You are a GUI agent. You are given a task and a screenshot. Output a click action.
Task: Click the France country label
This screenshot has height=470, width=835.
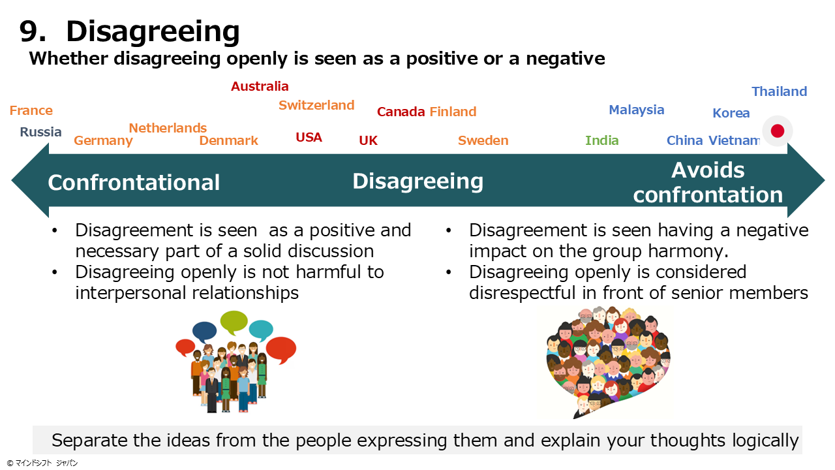[31, 110]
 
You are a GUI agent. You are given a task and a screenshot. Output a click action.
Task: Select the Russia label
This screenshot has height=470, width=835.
[40, 132]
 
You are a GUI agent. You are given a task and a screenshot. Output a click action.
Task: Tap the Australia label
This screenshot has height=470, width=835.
[260, 86]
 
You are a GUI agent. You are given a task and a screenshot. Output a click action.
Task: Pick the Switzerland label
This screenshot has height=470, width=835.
[316, 105]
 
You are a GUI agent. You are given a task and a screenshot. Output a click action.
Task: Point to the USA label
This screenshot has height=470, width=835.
[309, 137]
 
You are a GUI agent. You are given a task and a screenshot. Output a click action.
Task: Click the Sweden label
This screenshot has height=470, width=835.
[483, 140]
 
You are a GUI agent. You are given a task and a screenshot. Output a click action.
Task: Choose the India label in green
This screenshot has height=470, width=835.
[601, 140]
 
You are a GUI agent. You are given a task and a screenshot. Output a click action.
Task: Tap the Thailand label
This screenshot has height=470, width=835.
[779, 91]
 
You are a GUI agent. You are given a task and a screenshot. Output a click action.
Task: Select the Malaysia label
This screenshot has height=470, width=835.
[636, 110]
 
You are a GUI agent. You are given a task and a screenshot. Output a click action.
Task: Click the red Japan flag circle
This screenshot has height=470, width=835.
[777, 131]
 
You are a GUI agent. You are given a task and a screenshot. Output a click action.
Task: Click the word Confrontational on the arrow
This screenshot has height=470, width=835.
[134, 182]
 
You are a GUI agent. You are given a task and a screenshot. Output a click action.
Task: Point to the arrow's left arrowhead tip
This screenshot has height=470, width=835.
[12, 181]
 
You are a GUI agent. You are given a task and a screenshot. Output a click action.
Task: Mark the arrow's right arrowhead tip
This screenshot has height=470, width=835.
[825, 181]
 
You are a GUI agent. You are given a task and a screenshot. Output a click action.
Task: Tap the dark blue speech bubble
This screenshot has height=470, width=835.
[204, 332]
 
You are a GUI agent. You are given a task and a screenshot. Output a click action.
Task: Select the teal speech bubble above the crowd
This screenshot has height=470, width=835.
[261, 330]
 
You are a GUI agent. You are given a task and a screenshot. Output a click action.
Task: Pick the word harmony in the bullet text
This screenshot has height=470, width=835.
[688, 251]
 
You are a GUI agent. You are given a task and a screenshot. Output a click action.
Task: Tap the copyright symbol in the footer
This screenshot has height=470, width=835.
[10, 463]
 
